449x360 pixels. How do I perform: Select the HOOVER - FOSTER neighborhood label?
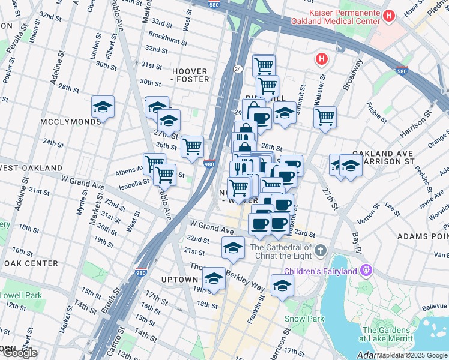(191, 75)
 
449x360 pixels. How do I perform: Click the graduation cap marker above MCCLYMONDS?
(103, 107)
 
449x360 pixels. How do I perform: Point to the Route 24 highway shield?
(238, 69)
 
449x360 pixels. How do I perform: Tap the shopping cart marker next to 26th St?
(192, 146)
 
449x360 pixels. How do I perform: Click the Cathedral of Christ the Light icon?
(321, 250)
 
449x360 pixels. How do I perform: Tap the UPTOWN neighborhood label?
(179, 280)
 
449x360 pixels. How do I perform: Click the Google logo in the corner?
(19, 352)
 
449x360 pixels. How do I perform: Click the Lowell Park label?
(20, 295)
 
